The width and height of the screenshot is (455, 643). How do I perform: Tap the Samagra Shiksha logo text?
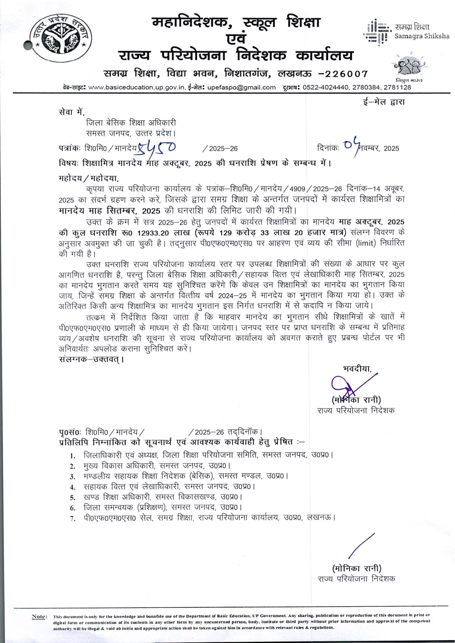click(421, 31)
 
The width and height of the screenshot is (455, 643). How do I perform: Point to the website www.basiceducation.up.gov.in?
click(136, 87)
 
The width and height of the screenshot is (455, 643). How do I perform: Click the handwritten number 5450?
click(155, 148)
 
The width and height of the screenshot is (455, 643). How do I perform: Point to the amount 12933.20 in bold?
click(154, 233)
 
